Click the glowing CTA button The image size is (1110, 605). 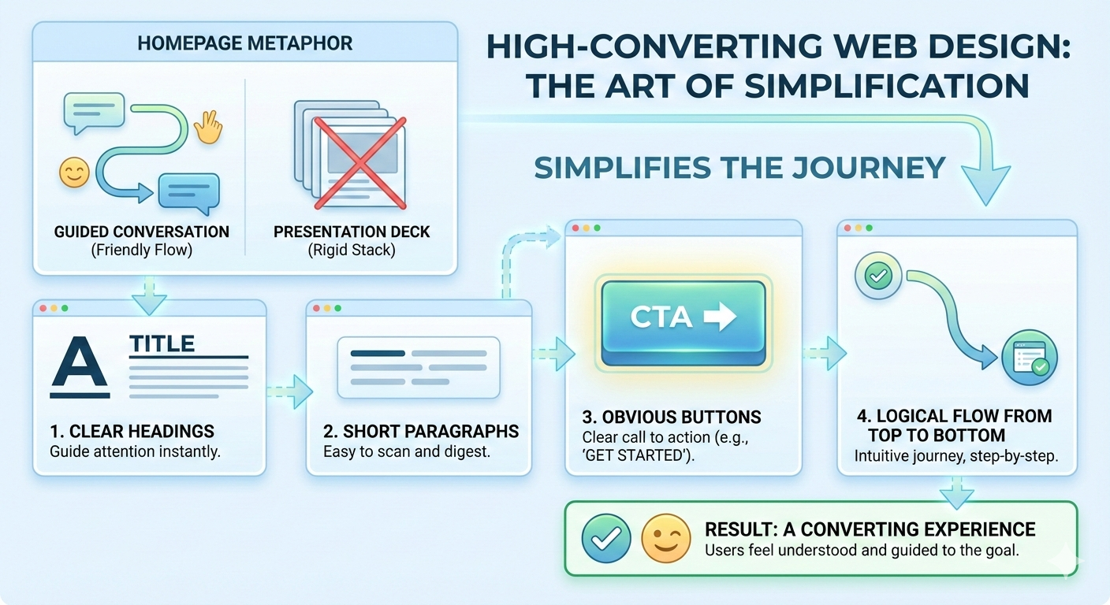[x=683, y=319]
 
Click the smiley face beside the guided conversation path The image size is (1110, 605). [x=75, y=173]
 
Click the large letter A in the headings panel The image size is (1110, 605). [x=79, y=368]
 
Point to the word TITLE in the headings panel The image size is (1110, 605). [x=162, y=344]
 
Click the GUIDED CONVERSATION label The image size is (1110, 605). [x=142, y=232]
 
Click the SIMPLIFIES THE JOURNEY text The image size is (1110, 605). [x=739, y=168]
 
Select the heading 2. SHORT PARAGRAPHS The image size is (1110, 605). [x=421, y=432]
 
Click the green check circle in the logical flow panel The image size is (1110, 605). [x=877, y=277]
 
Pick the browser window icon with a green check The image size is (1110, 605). [x=1029, y=358]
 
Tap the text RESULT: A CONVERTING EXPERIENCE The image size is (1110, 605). [x=870, y=529]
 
